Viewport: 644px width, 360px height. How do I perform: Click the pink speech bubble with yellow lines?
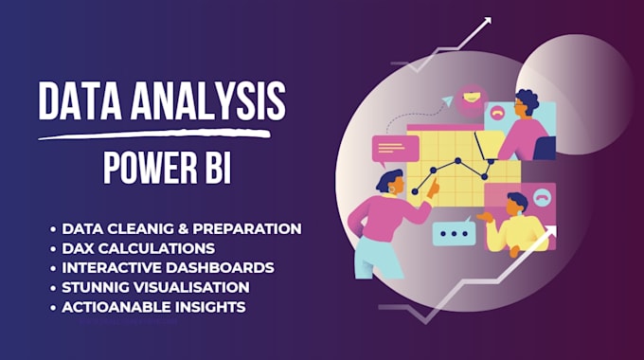pos(395,150)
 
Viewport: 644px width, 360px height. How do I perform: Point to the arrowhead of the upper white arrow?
pos(486,23)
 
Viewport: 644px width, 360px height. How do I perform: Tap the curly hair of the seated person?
pos(527,99)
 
